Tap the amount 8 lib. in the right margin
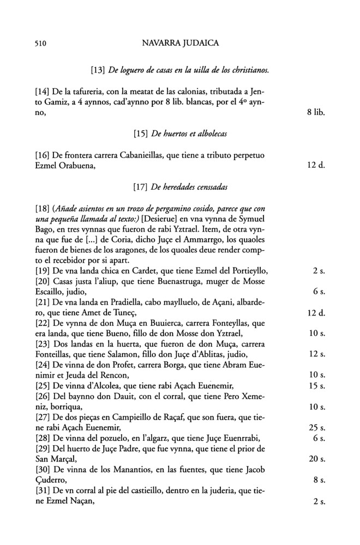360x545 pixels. pos(315,114)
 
